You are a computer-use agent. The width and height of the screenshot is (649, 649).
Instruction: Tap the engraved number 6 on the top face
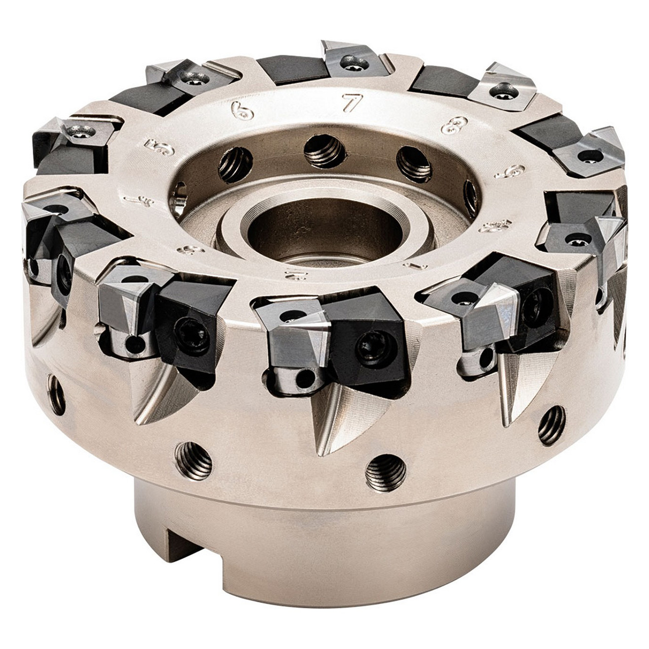pyautogui.click(x=242, y=111)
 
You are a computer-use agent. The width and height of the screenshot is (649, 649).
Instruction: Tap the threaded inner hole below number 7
pyautogui.click(x=324, y=151)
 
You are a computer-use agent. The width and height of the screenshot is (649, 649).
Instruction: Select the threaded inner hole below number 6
pyautogui.click(x=235, y=164)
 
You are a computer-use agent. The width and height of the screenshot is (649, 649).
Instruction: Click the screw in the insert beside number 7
pyautogui.click(x=354, y=63)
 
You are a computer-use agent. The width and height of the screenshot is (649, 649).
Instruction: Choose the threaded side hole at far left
pyautogui.click(x=56, y=394)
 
